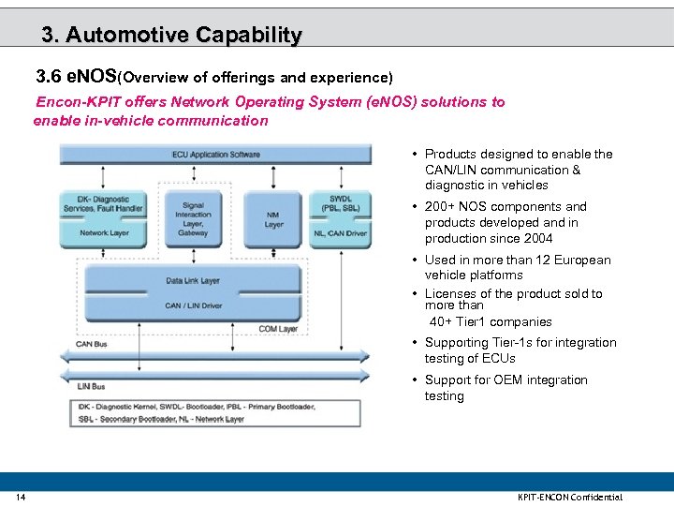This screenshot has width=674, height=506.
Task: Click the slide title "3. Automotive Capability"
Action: [171, 35]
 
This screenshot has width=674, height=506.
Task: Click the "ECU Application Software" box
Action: [216, 154]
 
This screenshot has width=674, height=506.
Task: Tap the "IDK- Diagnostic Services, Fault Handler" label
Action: [104, 202]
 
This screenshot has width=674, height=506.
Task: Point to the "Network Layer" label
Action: [105, 232]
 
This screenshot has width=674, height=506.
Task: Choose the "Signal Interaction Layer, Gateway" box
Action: [193, 218]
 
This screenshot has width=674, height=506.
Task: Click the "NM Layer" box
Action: [273, 219]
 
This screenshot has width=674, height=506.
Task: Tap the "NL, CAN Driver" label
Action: [340, 232]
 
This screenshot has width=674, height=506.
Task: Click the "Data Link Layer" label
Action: [193, 280]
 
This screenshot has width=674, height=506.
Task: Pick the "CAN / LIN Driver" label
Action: [193, 305]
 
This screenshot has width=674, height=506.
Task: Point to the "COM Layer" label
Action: [278, 329]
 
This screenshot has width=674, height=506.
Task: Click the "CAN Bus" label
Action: [92, 343]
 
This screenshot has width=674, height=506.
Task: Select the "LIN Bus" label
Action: [91, 386]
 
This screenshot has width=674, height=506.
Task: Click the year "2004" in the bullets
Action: [536, 239]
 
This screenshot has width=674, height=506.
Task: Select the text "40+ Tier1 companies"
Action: [491, 321]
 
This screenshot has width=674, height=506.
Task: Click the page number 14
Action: [21, 497]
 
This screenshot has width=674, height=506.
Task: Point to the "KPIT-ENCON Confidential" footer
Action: [569, 497]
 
